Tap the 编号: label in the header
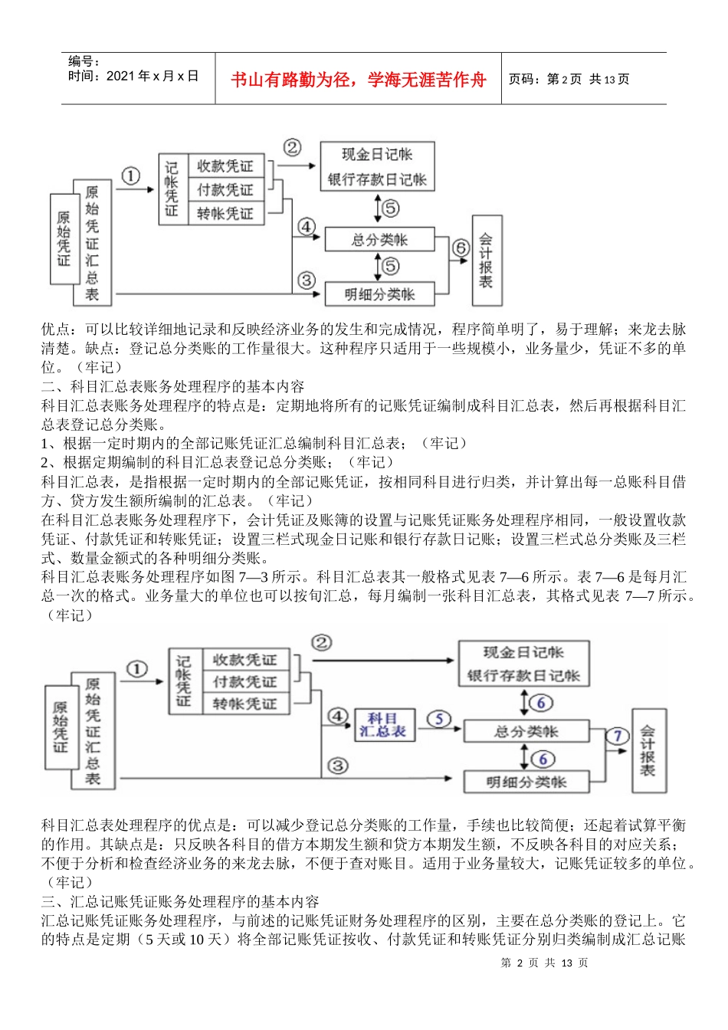click(84, 62)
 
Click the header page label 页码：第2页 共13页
click(569, 79)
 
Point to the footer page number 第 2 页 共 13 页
click(544, 963)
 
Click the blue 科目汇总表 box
click(383, 725)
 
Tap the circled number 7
click(618, 736)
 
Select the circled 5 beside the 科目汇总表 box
click(439, 719)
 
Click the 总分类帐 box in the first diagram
click(379, 240)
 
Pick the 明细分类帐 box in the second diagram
click(526, 782)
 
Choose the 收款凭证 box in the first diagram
click(225, 166)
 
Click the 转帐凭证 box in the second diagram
click(244, 704)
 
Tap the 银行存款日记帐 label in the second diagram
click(523, 677)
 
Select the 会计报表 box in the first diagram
click(486, 261)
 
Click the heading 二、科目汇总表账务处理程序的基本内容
click(173, 386)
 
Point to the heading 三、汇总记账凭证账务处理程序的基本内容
click(180, 901)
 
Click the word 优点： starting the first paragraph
click(59, 330)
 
